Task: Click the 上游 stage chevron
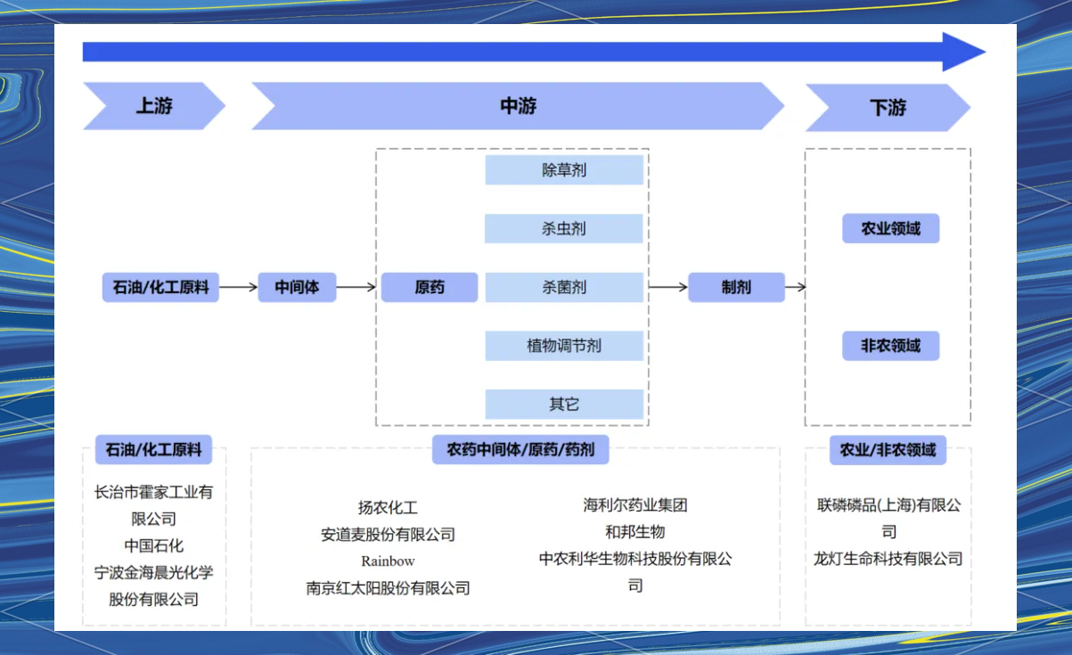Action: pyautogui.click(x=153, y=107)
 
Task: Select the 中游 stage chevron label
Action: pyautogui.click(x=518, y=107)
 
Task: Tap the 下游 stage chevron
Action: pyautogui.click(x=888, y=108)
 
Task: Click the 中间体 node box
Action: pyautogui.click(x=297, y=287)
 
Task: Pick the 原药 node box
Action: pyautogui.click(x=430, y=287)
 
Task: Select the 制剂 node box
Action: pyautogui.click(x=736, y=287)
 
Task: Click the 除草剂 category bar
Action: pyautogui.click(x=564, y=170)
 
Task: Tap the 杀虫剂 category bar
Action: pyautogui.click(x=564, y=229)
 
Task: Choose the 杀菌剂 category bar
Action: pyautogui.click(x=564, y=288)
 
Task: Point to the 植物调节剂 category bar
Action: pyautogui.click(x=564, y=346)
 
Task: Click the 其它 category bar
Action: pyautogui.click(x=564, y=405)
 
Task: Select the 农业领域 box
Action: pyautogui.click(x=890, y=229)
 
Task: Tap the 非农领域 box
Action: pyautogui.click(x=890, y=346)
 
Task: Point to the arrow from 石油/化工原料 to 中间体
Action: pyautogui.click(x=238, y=287)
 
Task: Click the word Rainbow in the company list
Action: pyautogui.click(x=388, y=561)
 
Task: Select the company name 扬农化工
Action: pyautogui.click(x=388, y=508)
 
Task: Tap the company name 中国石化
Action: pyautogui.click(x=154, y=545)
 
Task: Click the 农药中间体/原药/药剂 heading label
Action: pyautogui.click(x=520, y=450)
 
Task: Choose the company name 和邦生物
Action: pyautogui.click(x=635, y=532)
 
